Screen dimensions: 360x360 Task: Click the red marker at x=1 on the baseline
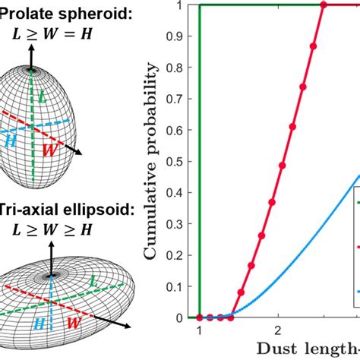pyautogui.click(x=199, y=317)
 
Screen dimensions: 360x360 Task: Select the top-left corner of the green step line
pyautogui.click(x=199, y=5)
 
